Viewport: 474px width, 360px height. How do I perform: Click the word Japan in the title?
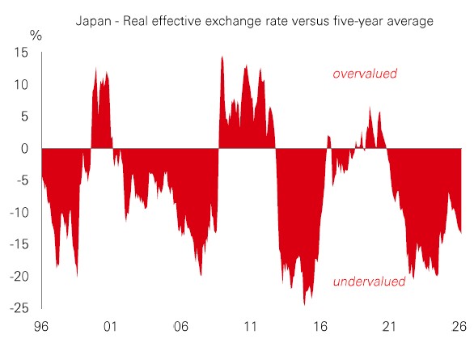(x=93, y=22)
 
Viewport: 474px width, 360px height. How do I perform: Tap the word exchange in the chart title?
(x=232, y=21)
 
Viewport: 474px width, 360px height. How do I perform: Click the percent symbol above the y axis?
(x=36, y=36)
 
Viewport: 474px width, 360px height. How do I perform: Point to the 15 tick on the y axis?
(x=21, y=53)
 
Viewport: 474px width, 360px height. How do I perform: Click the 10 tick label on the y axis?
(x=21, y=85)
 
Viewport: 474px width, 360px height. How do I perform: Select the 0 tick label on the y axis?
(x=24, y=148)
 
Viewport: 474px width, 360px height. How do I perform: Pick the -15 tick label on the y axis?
(x=19, y=244)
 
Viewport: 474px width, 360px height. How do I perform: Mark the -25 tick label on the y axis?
(x=19, y=308)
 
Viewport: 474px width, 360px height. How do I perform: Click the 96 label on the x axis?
(x=40, y=327)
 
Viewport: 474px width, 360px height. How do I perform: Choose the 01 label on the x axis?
(x=110, y=327)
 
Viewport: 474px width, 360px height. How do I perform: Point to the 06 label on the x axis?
(x=180, y=327)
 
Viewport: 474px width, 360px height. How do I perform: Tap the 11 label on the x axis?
(x=250, y=327)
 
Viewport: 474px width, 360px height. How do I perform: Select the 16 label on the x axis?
(x=320, y=327)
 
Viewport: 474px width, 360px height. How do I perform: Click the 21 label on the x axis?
(x=389, y=327)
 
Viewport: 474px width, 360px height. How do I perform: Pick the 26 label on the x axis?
(x=459, y=327)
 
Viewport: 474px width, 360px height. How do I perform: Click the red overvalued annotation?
(x=365, y=74)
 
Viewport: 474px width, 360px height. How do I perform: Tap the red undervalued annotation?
(x=369, y=282)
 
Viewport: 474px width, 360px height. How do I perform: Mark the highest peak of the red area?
(x=222, y=57)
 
